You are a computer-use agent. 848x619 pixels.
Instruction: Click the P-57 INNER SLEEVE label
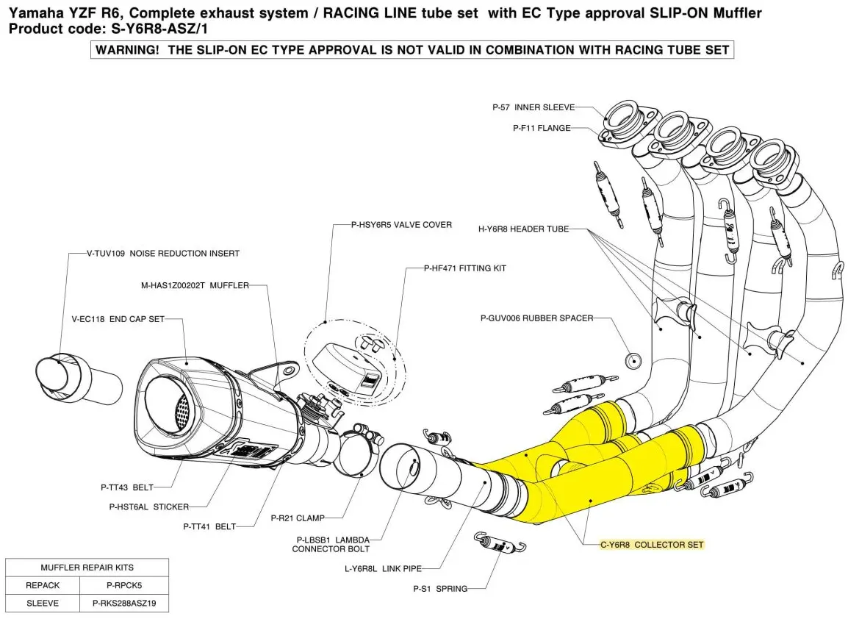[533, 107]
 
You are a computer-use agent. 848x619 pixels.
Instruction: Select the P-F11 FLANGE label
[542, 128]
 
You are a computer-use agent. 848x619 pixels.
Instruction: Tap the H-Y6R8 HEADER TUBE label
[523, 229]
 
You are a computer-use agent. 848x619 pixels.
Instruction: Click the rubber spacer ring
[633, 360]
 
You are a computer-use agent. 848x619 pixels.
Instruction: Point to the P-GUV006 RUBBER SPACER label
[536, 318]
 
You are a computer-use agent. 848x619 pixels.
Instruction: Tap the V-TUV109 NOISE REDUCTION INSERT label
[163, 254]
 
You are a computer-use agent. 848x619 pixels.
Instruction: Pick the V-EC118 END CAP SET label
[118, 319]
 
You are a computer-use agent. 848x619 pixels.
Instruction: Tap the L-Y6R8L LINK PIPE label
[392, 568]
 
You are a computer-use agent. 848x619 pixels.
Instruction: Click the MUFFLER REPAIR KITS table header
[87, 568]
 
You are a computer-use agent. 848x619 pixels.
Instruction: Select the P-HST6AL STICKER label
[149, 507]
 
